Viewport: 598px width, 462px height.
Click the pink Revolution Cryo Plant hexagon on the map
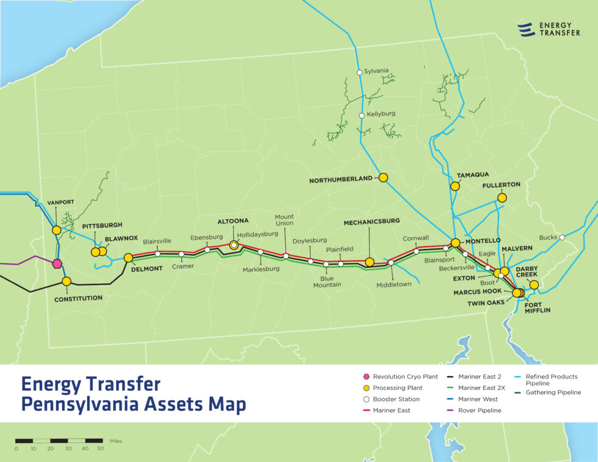pos(57,264)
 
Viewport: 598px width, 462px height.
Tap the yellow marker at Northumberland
pos(383,178)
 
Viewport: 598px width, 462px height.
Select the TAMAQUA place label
pos(469,175)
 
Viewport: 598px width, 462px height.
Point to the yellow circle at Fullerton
pos(502,198)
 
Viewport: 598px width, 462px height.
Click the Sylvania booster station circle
pos(359,72)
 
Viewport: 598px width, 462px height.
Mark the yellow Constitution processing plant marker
pos(67,281)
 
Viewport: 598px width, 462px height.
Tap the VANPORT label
pos(60,203)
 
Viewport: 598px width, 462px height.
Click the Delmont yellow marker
pos(128,258)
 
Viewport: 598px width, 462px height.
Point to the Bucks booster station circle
pos(562,237)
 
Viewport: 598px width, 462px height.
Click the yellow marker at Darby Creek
pos(534,285)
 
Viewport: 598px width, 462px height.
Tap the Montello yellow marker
pos(455,243)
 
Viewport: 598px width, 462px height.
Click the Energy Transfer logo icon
pos(525,29)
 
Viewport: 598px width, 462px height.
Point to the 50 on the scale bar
pos(100,449)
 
